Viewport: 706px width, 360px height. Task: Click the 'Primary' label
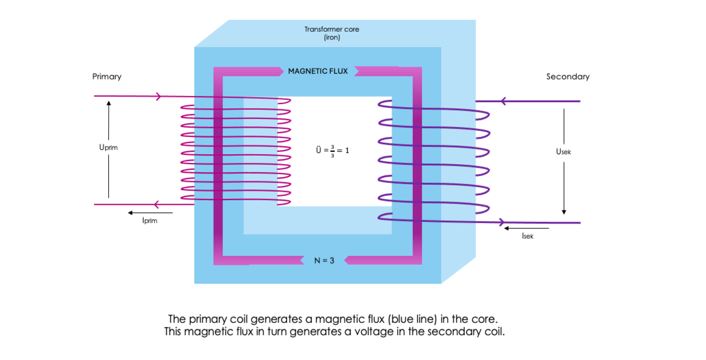[x=106, y=76]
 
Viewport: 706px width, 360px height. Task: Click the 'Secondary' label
[x=567, y=76]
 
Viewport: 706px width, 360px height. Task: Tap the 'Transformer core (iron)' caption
[x=331, y=33]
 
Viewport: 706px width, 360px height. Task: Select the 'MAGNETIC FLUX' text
[x=318, y=71]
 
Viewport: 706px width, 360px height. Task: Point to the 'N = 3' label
[x=324, y=260]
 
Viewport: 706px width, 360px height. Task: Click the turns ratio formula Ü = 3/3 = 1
[x=332, y=150]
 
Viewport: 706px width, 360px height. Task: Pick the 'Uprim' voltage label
[x=108, y=148]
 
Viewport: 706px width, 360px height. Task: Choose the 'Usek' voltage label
[x=563, y=152]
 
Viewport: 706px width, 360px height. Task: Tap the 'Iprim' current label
[x=149, y=221]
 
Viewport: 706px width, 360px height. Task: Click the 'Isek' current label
[x=527, y=236]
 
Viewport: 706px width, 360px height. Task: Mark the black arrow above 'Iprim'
[x=150, y=212]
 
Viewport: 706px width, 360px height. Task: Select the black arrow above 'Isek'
[x=527, y=228]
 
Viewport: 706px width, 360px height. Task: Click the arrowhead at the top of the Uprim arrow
[x=108, y=103]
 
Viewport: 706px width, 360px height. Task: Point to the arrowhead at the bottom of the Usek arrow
[x=564, y=212]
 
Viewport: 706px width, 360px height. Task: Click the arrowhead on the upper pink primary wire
[x=158, y=96]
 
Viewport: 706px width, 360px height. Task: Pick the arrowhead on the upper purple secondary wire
[x=503, y=101]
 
